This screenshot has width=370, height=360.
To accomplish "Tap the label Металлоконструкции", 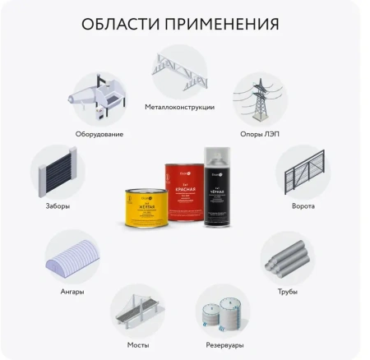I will [x=179, y=107].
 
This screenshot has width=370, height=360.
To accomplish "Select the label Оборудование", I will [x=100, y=133].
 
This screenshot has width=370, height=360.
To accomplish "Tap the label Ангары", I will [x=72, y=291].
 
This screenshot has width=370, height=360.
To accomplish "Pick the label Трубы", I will [x=288, y=291].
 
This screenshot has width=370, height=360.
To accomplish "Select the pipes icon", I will [x=288, y=257].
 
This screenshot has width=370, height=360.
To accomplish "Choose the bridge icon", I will [x=137, y=311].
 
